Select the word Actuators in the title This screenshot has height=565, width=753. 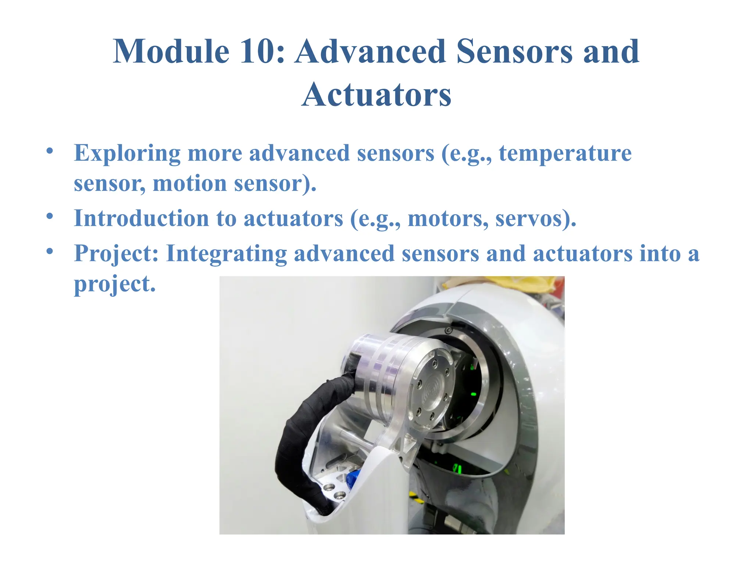(376, 95)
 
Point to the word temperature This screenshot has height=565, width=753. (565, 153)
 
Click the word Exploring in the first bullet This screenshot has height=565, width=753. (127, 153)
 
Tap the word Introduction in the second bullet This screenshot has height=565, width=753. (141, 218)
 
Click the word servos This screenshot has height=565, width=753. (535, 218)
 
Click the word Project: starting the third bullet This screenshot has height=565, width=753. (116, 253)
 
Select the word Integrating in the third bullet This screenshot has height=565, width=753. (226, 253)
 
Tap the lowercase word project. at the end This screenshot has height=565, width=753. (115, 284)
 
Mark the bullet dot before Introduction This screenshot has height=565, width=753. (50, 216)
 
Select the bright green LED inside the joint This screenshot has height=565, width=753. (474, 394)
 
